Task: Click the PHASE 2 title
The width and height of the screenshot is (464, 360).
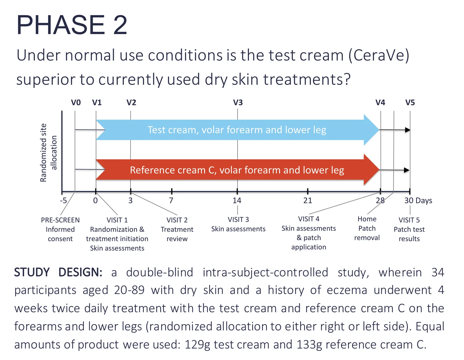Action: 72,25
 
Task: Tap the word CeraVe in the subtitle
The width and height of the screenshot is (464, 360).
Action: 379,56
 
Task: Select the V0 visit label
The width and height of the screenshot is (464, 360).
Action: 76,103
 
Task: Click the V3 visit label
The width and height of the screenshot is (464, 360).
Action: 238,103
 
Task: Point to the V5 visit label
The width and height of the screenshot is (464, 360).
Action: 410,103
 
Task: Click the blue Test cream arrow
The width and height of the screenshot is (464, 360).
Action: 237,130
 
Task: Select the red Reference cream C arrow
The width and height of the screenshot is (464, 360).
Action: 237,170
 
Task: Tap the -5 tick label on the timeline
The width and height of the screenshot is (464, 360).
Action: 63,201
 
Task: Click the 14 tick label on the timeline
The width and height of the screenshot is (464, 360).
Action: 237,201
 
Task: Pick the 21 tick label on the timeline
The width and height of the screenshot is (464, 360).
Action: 307,201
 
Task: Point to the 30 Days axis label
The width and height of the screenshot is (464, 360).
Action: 418,201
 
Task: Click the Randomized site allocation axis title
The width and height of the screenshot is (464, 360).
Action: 49,153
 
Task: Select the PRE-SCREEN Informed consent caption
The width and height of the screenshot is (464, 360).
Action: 60,229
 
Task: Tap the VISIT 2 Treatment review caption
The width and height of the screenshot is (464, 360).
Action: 177,229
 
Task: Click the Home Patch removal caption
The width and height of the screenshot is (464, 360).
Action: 367,228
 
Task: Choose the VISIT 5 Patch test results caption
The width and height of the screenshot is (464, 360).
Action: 409,229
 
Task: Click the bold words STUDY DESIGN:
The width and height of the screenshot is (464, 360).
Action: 58,272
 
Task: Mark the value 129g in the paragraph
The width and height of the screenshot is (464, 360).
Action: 197,345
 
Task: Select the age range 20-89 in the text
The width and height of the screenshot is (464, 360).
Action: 129,290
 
